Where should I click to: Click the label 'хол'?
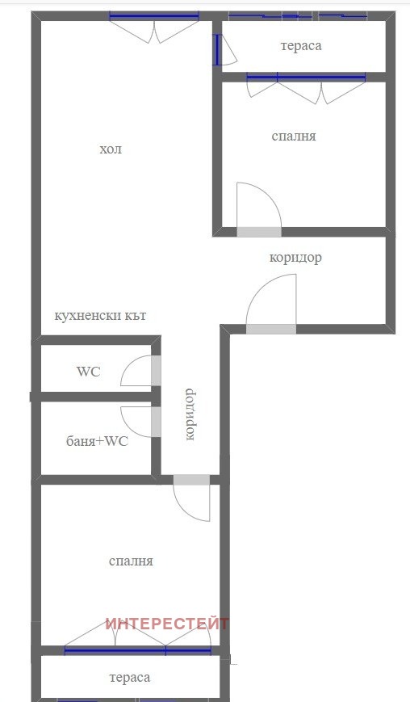pyautogui.click(x=111, y=149)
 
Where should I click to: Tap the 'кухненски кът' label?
pyautogui.click(x=100, y=316)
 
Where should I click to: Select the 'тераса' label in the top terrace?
pyautogui.click(x=301, y=46)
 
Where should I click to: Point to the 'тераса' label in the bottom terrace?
pyautogui.click(x=130, y=678)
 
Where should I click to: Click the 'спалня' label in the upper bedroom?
pyautogui.click(x=294, y=136)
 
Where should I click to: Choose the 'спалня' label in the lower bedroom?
pyautogui.click(x=131, y=561)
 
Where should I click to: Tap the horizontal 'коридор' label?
pyautogui.click(x=295, y=258)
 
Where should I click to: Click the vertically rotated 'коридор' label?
pyautogui.click(x=190, y=414)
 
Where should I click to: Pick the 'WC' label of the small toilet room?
pyautogui.click(x=89, y=372)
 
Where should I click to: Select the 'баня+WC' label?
pyautogui.click(x=97, y=441)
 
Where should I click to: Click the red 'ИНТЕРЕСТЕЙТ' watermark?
pyautogui.click(x=167, y=624)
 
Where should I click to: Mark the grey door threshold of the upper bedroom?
pyautogui.click(x=259, y=232)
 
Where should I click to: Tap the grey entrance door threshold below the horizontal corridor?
pyautogui.click(x=271, y=329)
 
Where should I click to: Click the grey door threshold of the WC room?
pyautogui.click(x=156, y=371)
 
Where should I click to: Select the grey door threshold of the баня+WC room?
pyautogui.click(x=156, y=422)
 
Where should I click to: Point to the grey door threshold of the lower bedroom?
pyautogui.click(x=191, y=480)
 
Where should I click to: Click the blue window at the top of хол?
pyautogui.click(x=154, y=17)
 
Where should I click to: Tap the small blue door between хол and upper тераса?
pyautogui.click(x=217, y=49)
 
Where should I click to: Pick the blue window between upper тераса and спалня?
pyautogui.click(x=306, y=78)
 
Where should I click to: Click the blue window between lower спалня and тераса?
pyautogui.click(x=138, y=651)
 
